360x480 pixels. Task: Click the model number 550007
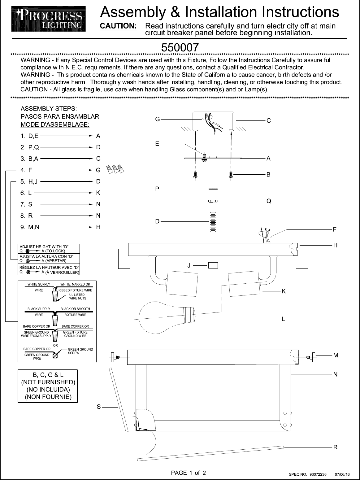180,47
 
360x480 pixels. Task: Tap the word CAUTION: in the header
118,26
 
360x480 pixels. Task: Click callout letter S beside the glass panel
99,407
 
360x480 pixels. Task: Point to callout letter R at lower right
335,447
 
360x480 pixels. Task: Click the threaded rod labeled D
212,222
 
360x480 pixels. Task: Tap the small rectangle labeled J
213,265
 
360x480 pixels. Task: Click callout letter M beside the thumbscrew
336,356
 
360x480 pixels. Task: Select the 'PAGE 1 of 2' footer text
189,473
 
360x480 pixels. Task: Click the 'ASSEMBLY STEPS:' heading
49,109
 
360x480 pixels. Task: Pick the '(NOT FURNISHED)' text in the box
48,382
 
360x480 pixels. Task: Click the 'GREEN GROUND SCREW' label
80,351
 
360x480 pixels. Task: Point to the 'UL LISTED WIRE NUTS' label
77,297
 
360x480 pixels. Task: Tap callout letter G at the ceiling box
158,119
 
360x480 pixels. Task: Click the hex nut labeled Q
213,201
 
